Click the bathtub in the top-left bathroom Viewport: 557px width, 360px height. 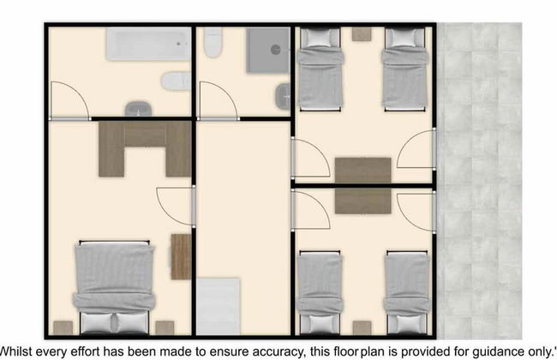point(148,44)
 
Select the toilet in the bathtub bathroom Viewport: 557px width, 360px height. point(177,81)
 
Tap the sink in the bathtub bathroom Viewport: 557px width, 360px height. point(138,109)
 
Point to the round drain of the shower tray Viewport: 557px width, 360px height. point(276,50)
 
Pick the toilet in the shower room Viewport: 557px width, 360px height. point(213,42)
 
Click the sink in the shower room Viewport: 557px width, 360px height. point(283,96)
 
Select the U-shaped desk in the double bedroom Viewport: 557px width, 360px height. point(145,149)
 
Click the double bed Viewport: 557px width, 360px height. point(114,287)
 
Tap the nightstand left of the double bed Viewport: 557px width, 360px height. point(63,327)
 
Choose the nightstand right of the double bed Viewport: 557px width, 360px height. point(165,327)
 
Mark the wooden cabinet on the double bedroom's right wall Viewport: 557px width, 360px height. point(181,256)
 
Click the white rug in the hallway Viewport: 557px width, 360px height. point(219,306)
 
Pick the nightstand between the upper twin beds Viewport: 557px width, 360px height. point(362,34)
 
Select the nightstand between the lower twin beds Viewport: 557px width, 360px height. point(362,328)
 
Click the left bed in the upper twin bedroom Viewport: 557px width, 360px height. point(320,69)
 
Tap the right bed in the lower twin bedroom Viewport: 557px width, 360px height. point(407,293)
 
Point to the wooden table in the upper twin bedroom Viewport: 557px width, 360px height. point(363,171)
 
